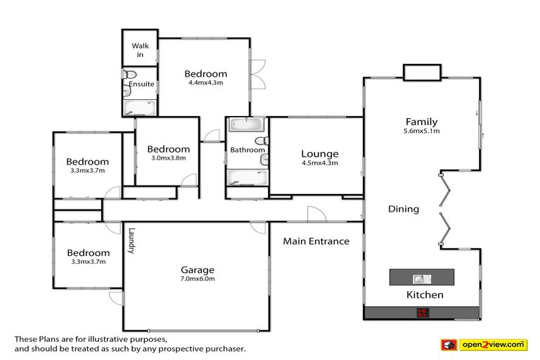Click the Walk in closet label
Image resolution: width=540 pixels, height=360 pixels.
click(139, 50)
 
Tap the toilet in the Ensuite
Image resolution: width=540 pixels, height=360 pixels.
click(130, 75)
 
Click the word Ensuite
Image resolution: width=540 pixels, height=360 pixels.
click(141, 84)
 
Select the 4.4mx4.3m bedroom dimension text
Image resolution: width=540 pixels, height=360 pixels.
click(205, 83)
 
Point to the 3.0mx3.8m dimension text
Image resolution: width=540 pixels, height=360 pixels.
click(168, 158)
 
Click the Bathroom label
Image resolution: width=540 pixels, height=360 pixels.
click(247, 150)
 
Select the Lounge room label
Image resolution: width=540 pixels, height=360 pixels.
click(319, 154)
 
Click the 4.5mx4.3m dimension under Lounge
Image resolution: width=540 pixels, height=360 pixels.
click(319, 163)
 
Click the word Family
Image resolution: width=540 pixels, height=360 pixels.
click(421, 122)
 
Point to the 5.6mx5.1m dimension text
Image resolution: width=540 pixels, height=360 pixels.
click(421, 131)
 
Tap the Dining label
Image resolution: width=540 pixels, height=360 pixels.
click(404, 209)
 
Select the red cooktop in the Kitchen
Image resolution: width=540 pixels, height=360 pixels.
click(423, 313)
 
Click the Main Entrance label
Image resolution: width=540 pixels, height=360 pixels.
click(316, 241)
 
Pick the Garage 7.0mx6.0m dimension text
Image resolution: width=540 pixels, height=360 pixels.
click(196, 279)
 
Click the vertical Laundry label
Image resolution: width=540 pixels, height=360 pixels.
click(131, 240)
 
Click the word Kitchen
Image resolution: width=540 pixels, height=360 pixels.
click(425, 295)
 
